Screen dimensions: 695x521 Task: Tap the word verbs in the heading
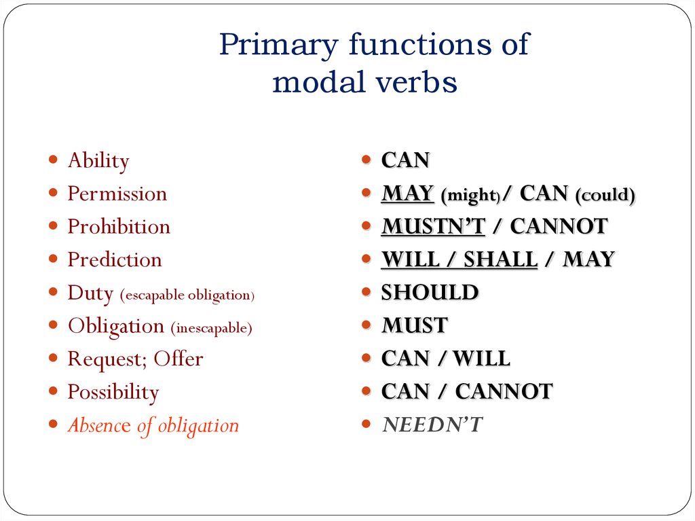click(417, 82)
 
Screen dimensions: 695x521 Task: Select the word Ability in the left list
click(98, 161)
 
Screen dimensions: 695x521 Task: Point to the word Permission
click(117, 194)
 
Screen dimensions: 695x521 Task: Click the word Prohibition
click(119, 226)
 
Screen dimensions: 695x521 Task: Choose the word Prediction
click(115, 259)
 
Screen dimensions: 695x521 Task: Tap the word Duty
click(90, 293)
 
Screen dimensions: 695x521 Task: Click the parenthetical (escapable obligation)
click(187, 295)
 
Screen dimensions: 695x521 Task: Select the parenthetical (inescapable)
click(212, 328)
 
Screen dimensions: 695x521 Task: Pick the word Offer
click(179, 359)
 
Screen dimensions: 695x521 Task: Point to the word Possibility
click(113, 393)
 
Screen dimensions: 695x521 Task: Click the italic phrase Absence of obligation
click(153, 426)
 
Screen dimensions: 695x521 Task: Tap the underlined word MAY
click(407, 194)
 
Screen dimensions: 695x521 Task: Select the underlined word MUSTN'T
click(434, 226)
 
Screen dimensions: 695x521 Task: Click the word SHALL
click(500, 259)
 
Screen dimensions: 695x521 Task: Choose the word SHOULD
click(430, 293)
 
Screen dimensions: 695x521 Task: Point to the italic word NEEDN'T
click(432, 425)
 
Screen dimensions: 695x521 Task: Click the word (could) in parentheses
click(605, 195)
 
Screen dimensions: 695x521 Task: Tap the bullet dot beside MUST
click(366, 325)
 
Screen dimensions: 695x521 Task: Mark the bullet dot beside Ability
click(53, 160)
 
